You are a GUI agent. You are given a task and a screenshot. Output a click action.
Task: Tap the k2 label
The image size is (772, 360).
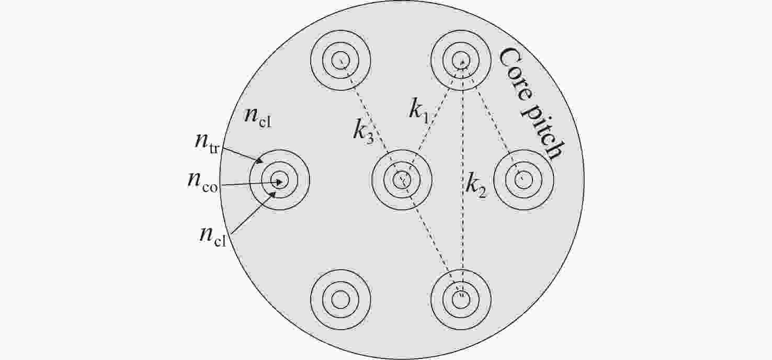click(475, 186)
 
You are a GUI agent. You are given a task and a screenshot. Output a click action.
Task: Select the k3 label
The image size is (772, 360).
click(364, 132)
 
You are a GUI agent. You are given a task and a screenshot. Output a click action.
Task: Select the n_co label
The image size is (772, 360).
click(202, 182)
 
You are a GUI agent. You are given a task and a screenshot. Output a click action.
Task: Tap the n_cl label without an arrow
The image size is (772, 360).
click(258, 117)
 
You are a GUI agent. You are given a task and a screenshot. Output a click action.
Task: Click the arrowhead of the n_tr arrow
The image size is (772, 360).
click(259, 160)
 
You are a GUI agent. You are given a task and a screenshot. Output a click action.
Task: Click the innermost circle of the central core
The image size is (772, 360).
click(402, 179)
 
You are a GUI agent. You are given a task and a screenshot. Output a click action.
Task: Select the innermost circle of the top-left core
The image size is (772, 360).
click(340, 60)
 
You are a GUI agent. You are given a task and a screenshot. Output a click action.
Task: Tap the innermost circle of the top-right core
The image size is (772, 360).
click(461, 60)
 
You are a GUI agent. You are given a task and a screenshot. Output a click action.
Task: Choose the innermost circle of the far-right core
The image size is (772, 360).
click(524, 179)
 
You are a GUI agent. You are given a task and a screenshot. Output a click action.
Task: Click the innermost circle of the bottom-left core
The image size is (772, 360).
click(340, 299)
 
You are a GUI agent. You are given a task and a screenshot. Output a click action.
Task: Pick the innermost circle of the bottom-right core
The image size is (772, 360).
click(461, 299)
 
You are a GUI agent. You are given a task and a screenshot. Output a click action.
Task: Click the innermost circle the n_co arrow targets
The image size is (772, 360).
click(279, 179)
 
